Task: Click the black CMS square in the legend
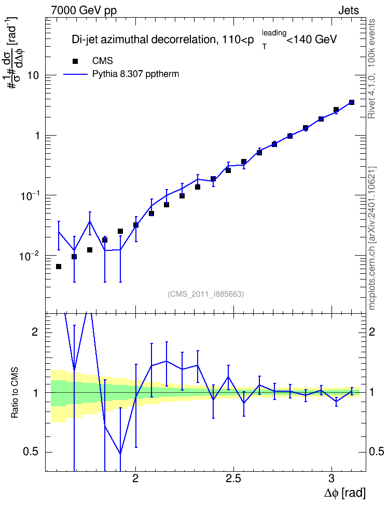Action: click(x=75, y=61)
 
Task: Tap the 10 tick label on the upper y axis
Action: click(x=33, y=76)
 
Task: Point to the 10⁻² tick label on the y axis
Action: click(x=30, y=256)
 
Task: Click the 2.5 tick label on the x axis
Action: click(x=233, y=479)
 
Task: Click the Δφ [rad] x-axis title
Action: click(x=344, y=493)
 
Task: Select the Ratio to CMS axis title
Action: click(x=15, y=392)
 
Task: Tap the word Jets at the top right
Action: click(x=349, y=10)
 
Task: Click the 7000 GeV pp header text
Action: click(x=84, y=10)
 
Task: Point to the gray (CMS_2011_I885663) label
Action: click(x=205, y=294)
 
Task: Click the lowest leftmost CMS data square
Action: click(x=59, y=267)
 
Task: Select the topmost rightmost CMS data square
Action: click(x=352, y=102)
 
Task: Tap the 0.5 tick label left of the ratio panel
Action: click(x=31, y=452)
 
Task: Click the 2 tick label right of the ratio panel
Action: click(x=372, y=331)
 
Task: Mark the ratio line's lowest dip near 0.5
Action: click(x=120, y=454)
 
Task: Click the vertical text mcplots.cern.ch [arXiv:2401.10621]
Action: click(x=372, y=238)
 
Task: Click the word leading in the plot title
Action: click(x=274, y=33)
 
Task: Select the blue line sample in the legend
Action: click(x=75, y=74)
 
